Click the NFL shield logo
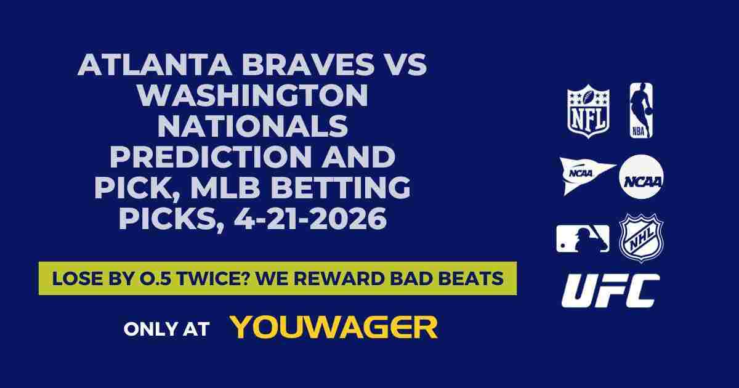point(588,111)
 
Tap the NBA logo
point(640,111)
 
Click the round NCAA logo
point(640,176)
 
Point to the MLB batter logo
point(583,238)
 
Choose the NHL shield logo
point(640,238)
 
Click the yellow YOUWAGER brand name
point(334,327)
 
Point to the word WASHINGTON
point(252,96)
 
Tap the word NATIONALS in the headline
point(252,127)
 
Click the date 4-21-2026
point(310,220)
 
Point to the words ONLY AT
point(167,328)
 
